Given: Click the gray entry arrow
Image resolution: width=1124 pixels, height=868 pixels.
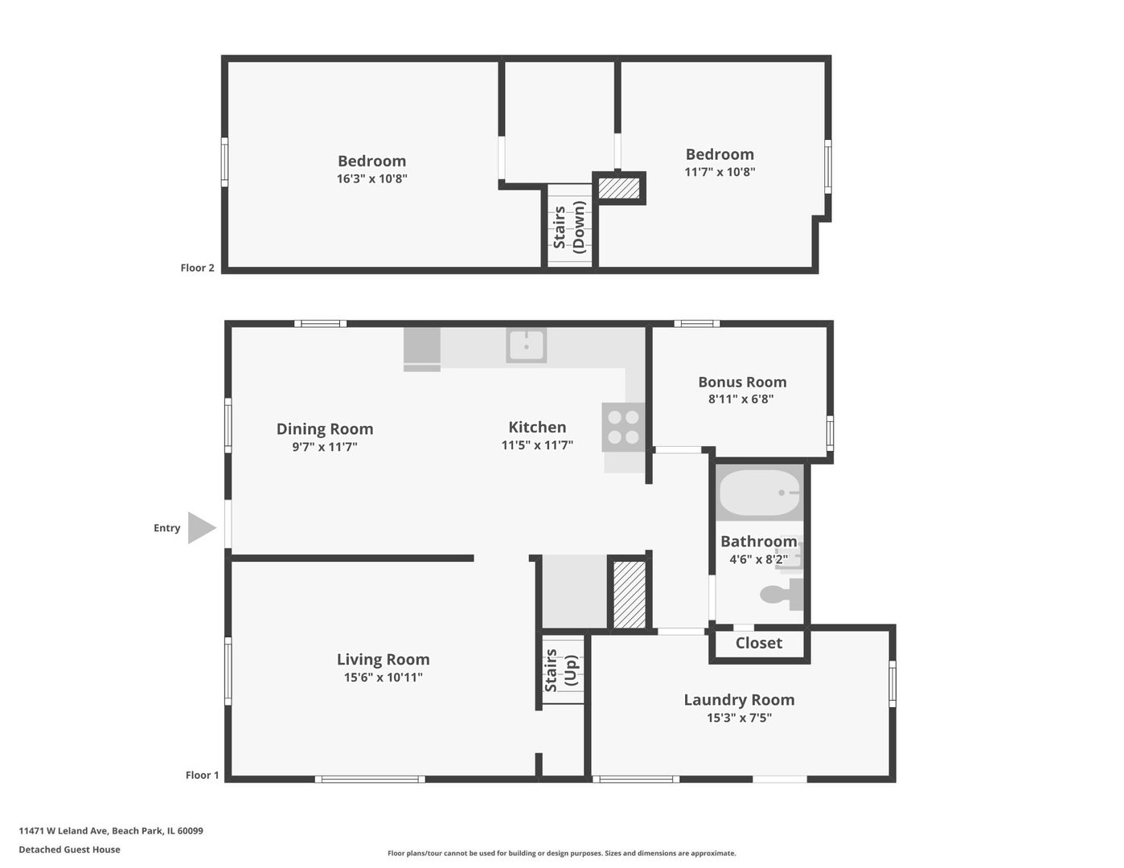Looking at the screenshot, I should [x=200, y=528].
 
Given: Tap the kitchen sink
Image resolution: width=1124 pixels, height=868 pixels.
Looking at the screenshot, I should [x=527, y=346].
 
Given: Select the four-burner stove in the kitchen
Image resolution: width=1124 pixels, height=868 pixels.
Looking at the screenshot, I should [x=623, y=427].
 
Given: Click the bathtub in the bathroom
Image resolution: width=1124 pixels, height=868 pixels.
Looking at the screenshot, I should [x=760, y=493].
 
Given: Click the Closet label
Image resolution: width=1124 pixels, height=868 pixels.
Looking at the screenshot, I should [x=758, y=643].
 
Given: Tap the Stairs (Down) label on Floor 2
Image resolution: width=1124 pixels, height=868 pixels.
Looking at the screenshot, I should [x=569, y=227].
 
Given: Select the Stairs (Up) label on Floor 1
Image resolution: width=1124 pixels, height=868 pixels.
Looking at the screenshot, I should [x=560, y=670].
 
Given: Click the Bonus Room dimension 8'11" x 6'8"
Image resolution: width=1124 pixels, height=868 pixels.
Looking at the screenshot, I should [x=740, y=399].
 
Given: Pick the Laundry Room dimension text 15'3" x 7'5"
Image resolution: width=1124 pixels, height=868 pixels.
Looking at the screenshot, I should [x=739, y=718].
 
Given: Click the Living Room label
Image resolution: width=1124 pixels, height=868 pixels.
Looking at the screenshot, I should [x=383, y=659].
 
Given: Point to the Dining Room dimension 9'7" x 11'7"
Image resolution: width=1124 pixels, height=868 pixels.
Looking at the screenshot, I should [x=325, y=447].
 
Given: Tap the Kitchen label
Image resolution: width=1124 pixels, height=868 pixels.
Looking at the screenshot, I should [x=537, y=428].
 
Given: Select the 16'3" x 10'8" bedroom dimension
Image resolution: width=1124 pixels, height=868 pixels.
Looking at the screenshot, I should [x=371, y=178].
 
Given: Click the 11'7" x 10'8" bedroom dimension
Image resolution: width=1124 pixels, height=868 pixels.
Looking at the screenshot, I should [x=720, y=171].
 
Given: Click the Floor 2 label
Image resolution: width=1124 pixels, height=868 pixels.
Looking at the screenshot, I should [x=197, y=268].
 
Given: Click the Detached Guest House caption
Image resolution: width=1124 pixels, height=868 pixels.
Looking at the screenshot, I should [x=69, y=850].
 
